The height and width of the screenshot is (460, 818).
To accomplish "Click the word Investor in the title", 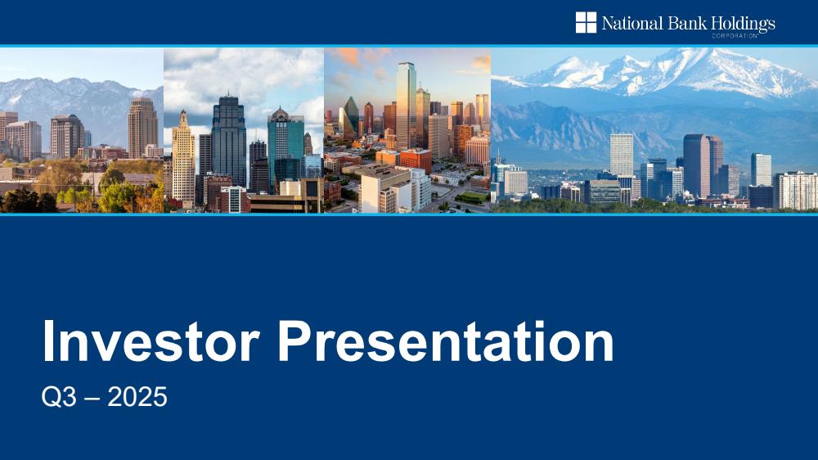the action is [x=151, y=341].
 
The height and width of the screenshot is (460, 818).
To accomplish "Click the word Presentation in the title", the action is [x=446, y=341].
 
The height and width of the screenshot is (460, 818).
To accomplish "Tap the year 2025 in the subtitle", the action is [x=137, y=397].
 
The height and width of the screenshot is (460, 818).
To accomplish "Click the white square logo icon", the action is [x=586, y=22].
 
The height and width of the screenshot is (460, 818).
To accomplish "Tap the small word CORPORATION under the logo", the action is [x=735, y=36].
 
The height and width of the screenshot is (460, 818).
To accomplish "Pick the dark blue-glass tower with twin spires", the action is [x=228, y=140].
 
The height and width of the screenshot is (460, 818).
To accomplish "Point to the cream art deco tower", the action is [x=183, y=156].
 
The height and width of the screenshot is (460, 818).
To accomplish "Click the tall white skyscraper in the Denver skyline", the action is [x=622, y=154].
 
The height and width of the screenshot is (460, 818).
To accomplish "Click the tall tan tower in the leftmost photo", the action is [x=142, y=127].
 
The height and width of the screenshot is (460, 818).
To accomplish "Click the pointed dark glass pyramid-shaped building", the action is [x=350, y=118].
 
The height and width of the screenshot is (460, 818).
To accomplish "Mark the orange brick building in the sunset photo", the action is [x=416, y=160].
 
